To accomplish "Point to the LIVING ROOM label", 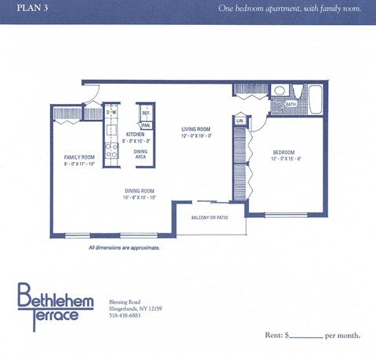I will [x=197, y=129].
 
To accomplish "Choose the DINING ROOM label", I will [x=139, y=191].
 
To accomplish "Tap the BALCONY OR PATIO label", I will [x=209, y=218].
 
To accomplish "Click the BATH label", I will [x=291, y=104].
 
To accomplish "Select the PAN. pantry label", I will [x=146, y=124].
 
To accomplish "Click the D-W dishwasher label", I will [x=111, y=113].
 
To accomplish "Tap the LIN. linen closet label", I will [x=240, y=121].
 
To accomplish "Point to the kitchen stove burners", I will [x=111, y=149].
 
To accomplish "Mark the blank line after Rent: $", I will [x=307, y=336].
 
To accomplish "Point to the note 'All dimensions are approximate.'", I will [x=124, y=247].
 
